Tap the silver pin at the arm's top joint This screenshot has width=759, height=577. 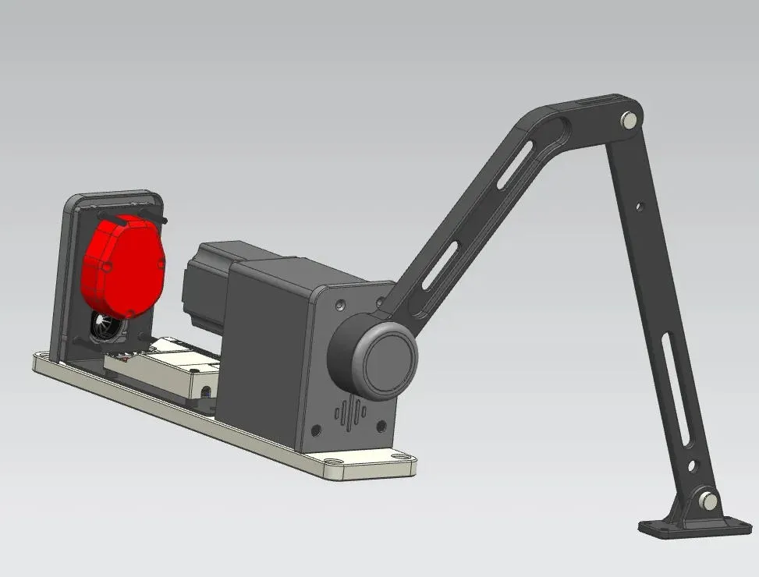[629, 120]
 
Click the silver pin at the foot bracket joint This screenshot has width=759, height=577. [708, 499]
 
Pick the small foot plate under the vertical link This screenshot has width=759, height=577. [686, 528]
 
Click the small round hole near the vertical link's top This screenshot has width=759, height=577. [639, 207]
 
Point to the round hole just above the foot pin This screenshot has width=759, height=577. [692, 466]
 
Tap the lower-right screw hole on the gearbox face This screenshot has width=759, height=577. [381, 426]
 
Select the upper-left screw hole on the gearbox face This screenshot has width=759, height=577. [338, 301]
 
